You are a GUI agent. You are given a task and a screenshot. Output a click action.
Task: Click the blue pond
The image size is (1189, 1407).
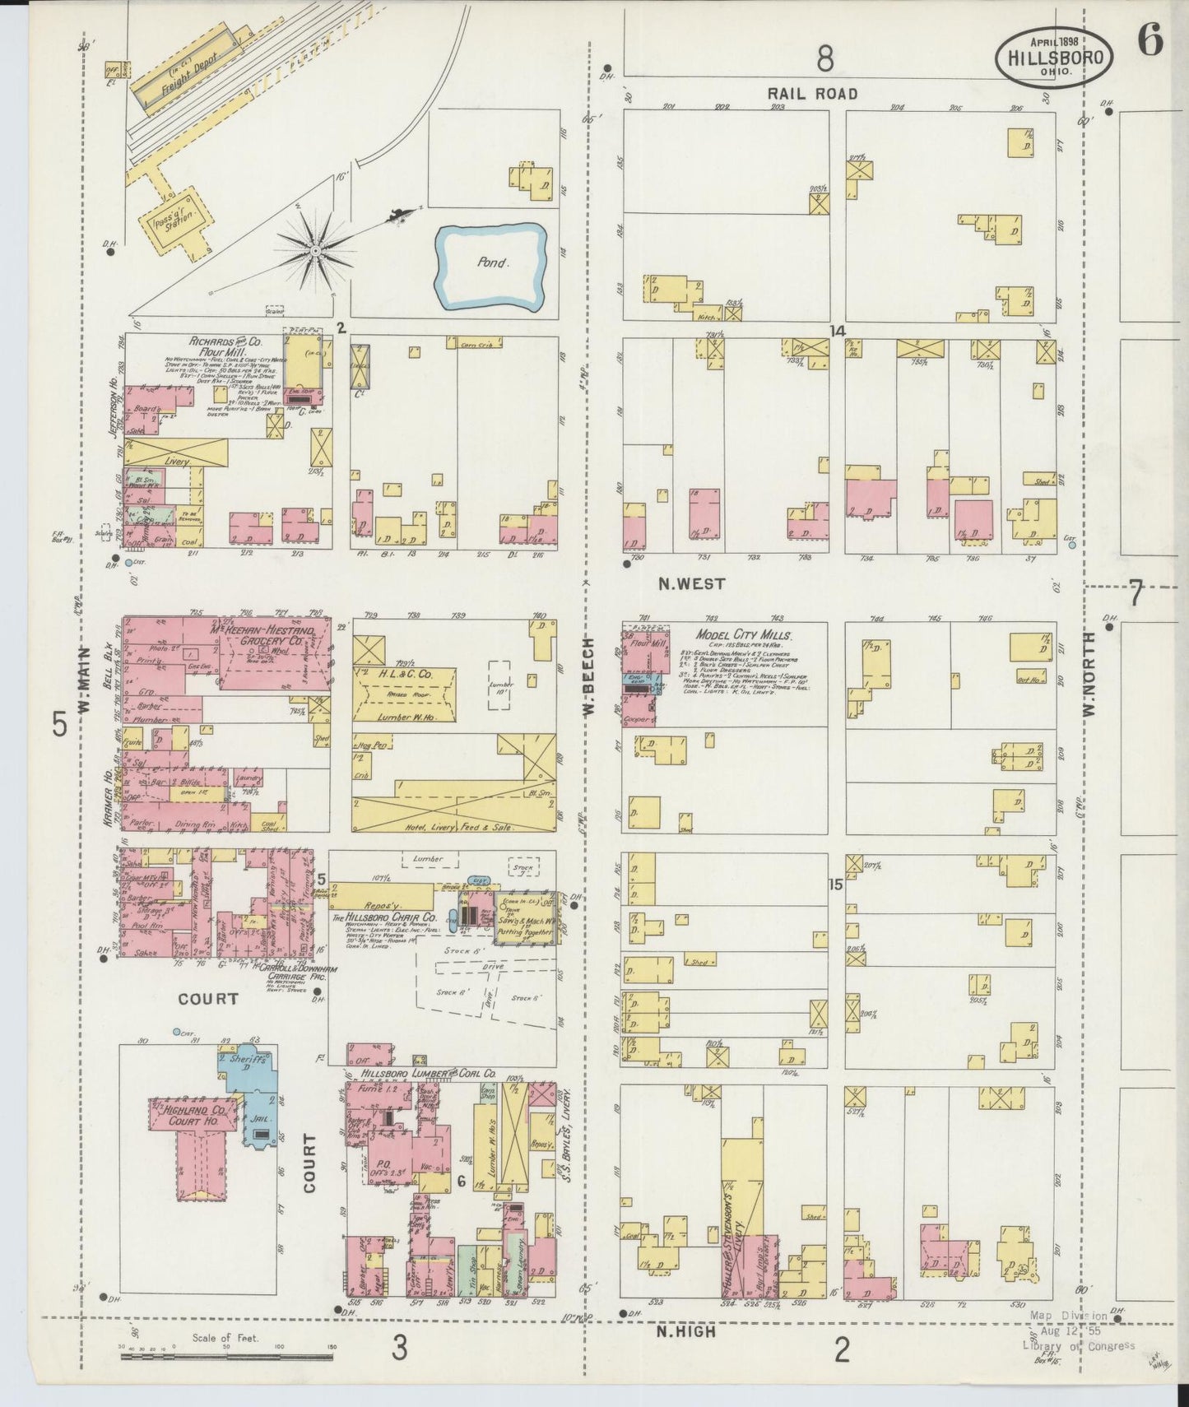pyautogui.click(x=491, y=265)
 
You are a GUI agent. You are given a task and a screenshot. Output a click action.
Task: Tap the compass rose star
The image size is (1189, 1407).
pyautogui.click(x=315, y=247)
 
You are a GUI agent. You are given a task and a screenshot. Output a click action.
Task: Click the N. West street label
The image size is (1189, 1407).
pyautogui.click(x=691, y=583)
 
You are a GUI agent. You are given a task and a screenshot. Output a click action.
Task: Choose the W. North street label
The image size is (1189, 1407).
pyautogui.click(x=1090, y=674)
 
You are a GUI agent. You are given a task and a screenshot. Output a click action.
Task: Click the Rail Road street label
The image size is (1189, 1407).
pyautogui.click(x=813, y=94)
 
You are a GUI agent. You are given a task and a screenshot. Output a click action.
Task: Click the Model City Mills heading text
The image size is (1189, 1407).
pyautogui.click(x=743, y=635)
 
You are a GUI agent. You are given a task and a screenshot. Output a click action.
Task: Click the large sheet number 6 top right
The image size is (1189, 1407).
pyautogui.click(x=1150, y=41)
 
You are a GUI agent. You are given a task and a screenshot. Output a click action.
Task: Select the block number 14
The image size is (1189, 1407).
pyautogui.click(x=838, y=331)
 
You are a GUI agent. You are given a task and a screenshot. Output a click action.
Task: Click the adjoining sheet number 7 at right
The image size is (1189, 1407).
pyautogui.click(x=1136, y=592)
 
